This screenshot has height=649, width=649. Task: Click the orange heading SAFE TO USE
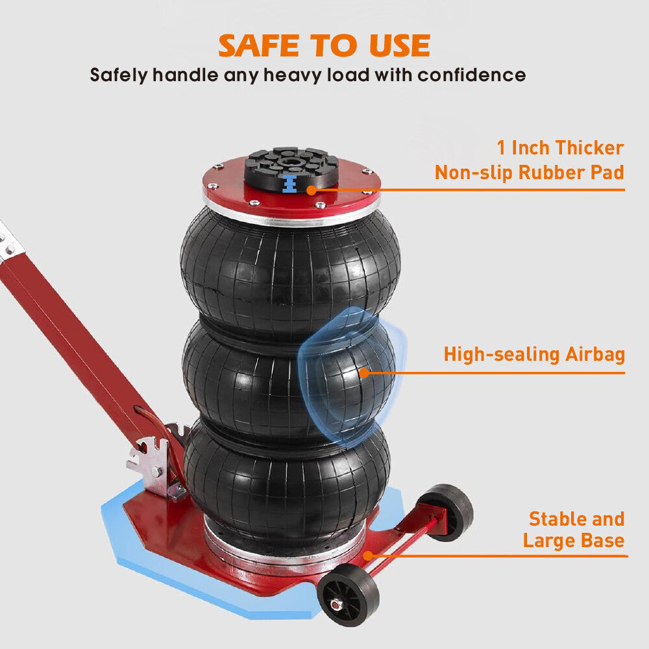pos(324,45)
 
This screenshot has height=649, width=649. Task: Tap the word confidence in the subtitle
pos(471,75)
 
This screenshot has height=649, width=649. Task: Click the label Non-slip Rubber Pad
pos(529,173)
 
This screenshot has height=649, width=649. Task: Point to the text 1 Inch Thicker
pos(560,147)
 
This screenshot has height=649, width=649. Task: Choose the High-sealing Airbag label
pos(534,354)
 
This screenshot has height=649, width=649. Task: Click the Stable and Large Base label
pos(574,530)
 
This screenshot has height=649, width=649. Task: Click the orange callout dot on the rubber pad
pos(312,190)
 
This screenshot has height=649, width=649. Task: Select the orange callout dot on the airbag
pos(364,373)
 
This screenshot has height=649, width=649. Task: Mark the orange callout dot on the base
pos(368,556)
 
